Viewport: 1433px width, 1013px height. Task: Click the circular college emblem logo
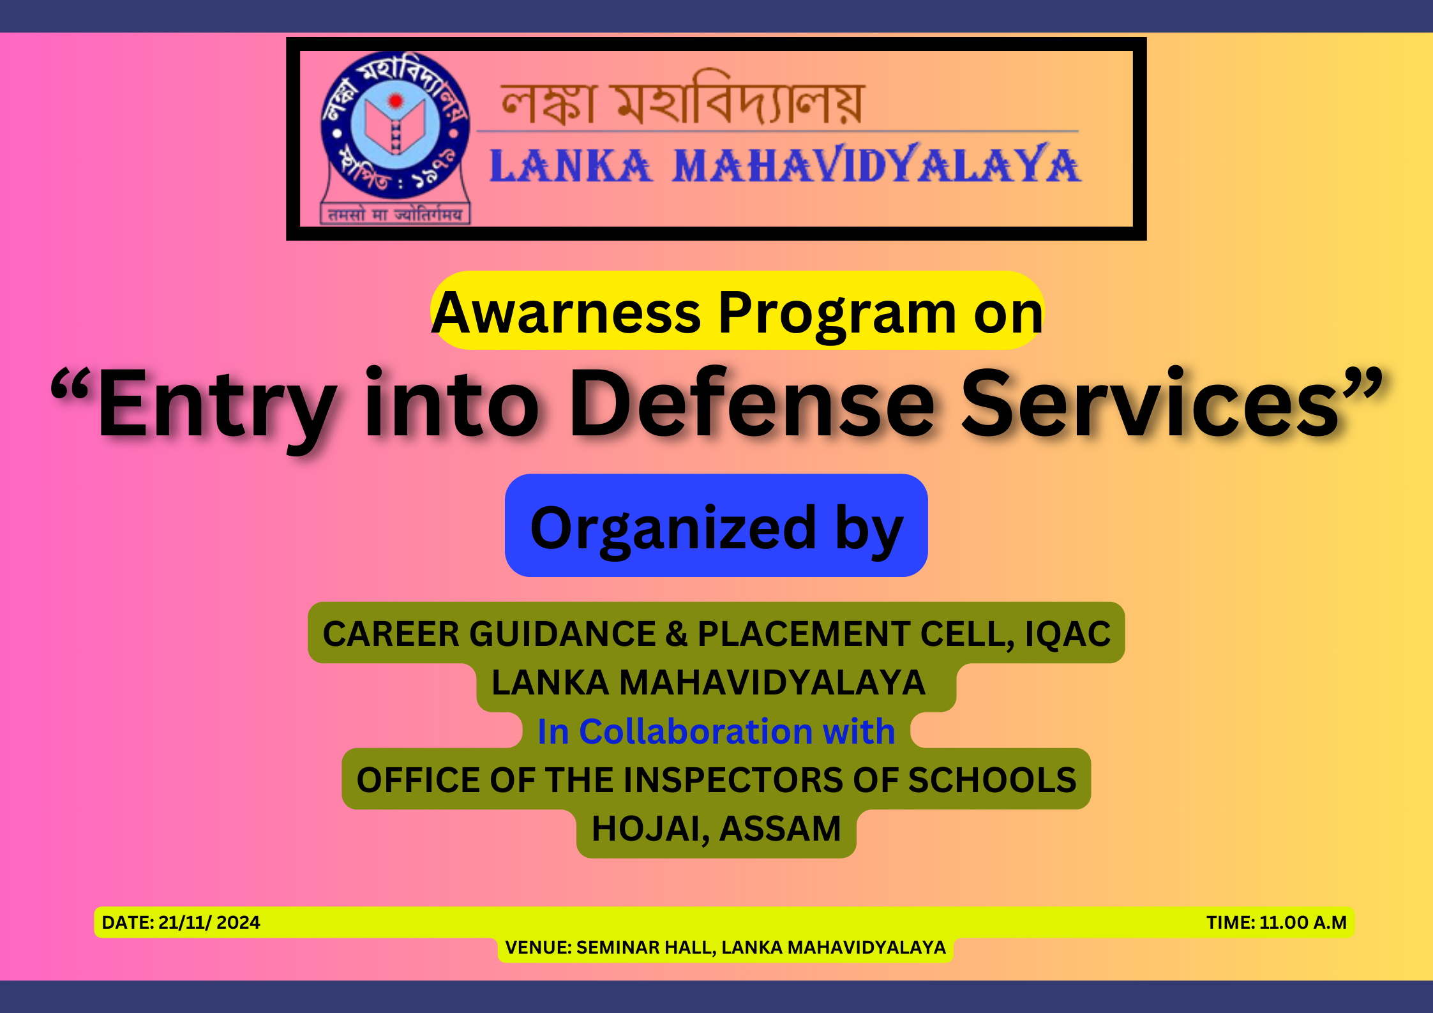point(396,124)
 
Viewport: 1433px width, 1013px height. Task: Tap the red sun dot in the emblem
point(396,100)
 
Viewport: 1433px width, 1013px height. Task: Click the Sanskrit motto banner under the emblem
point(395,214)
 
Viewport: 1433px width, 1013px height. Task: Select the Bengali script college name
point(681,99)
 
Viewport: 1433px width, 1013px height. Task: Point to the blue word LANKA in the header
point(571,165)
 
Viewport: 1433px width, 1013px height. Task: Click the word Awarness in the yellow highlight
point(567,313)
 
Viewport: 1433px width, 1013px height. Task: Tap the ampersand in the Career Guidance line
point(676,634)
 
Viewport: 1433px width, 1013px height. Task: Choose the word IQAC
point(1068,634)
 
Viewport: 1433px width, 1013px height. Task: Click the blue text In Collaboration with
point(716,731)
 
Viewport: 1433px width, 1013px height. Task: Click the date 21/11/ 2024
point(209,922)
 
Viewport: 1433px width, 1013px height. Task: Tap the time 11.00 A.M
point(1303,922)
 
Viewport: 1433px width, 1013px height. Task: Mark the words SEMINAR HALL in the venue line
point(645,948)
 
